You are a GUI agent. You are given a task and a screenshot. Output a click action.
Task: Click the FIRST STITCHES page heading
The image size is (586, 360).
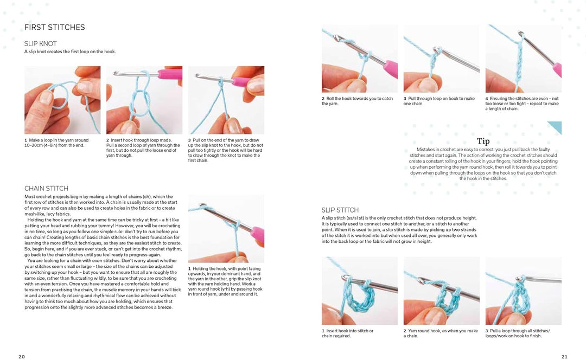coord(54,27)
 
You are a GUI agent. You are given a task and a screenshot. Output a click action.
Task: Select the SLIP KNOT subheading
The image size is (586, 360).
coord(41,43)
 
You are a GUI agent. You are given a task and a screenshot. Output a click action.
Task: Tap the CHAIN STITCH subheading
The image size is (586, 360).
coord(46,189)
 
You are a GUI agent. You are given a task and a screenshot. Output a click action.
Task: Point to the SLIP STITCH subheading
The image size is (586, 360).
coord(340,210)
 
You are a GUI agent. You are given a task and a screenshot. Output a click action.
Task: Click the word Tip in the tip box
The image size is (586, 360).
coord(483,142)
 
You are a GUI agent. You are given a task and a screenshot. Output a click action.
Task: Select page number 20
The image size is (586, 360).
coord(22,356)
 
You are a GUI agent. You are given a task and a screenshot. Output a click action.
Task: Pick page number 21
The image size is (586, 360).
coord(564,356)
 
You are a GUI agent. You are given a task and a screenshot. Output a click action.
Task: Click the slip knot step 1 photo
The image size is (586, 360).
coord(62,100)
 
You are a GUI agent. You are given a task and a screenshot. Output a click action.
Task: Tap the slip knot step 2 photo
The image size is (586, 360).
coord(144,100)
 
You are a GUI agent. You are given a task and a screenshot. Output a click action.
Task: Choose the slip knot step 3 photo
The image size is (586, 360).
coord(226,100)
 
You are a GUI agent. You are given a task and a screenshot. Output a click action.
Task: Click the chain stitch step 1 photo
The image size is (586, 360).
coord(226,229)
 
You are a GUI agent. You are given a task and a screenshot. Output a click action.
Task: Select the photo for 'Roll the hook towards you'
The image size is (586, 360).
coord(360,59)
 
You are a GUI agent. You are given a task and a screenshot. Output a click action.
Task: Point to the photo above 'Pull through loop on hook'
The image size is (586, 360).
coord(441,59)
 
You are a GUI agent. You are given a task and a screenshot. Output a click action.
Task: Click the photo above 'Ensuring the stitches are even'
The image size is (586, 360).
coord(523,59)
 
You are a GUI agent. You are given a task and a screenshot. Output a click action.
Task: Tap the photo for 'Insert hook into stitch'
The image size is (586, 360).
coord(360,291)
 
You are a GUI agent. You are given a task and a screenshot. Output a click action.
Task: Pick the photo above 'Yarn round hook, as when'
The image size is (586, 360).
coord(441,291)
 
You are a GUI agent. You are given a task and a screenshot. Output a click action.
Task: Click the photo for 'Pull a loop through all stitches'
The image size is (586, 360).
coord(523,291)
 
